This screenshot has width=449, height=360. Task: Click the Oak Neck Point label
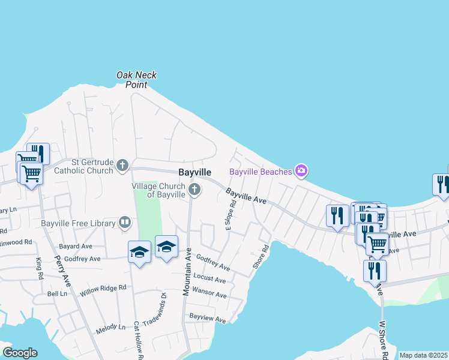(x=136, y=80)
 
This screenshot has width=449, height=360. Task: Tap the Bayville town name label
(x=194, y=172)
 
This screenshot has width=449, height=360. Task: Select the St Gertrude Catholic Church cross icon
(x=122, y=166)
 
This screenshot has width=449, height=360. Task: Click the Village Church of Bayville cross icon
(x=194, y=190)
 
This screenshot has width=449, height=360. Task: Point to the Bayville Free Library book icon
(x=125, y=223)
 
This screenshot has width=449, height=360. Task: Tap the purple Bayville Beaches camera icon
(x=301, y=172)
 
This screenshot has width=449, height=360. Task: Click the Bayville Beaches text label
(x=261, y=172)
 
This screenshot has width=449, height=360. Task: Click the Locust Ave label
(x=209, y=279)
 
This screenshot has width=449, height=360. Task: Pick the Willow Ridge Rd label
(x=103, y=291)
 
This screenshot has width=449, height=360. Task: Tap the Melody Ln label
(x=111, y=327)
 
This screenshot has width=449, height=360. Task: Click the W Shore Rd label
(x=383, y=340)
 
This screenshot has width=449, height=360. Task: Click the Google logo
(x=20, y=353)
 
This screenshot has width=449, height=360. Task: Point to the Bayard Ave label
(x=75, y=246)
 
